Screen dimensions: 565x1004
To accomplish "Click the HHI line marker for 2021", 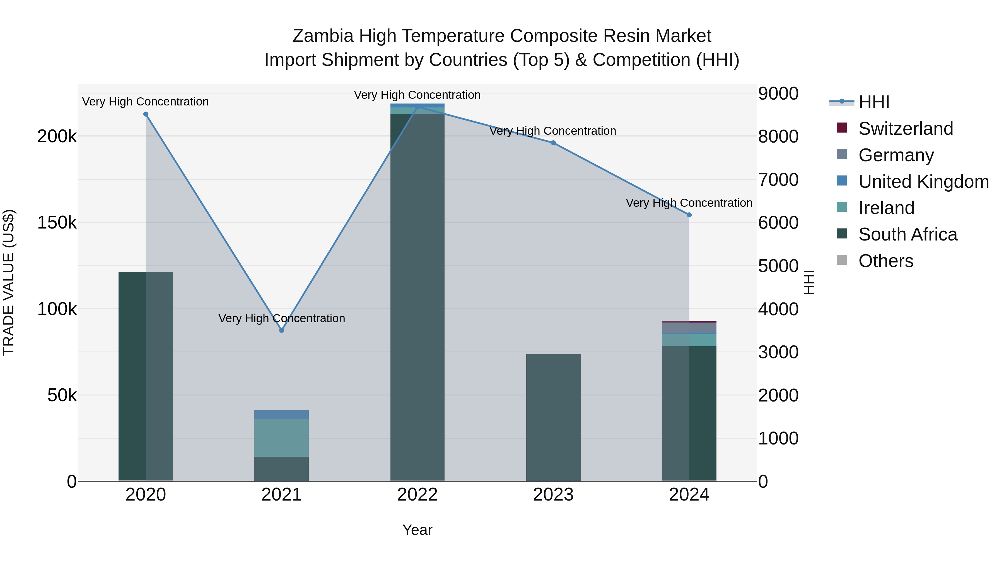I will point(281,330).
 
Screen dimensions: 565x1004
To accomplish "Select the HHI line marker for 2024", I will point(689,215).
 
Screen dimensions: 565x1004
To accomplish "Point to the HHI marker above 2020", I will point(146,114).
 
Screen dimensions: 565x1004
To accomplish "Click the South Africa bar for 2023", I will point(553,417).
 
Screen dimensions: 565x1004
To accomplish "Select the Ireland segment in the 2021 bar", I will point(281,437).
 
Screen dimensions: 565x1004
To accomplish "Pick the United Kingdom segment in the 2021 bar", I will point(281,415).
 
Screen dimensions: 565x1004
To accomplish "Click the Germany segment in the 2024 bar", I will point(689,328).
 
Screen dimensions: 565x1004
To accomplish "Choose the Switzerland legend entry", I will point(905,129).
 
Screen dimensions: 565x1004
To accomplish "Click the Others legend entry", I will point(885,261).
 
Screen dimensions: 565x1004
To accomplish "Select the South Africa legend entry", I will point(907,234).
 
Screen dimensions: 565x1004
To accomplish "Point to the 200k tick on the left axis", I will point(57,136).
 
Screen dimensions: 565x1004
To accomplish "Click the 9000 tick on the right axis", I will point(778,93).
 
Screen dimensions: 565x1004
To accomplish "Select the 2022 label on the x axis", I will point(417,495).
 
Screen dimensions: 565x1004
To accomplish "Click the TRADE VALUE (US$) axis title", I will point(9,282).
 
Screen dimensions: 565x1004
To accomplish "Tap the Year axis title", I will point(417,530).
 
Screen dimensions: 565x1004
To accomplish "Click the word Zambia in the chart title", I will point(323,36).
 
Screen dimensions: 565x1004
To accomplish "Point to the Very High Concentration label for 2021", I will point(281,318).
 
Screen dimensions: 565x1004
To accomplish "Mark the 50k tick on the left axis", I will point(62,395).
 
